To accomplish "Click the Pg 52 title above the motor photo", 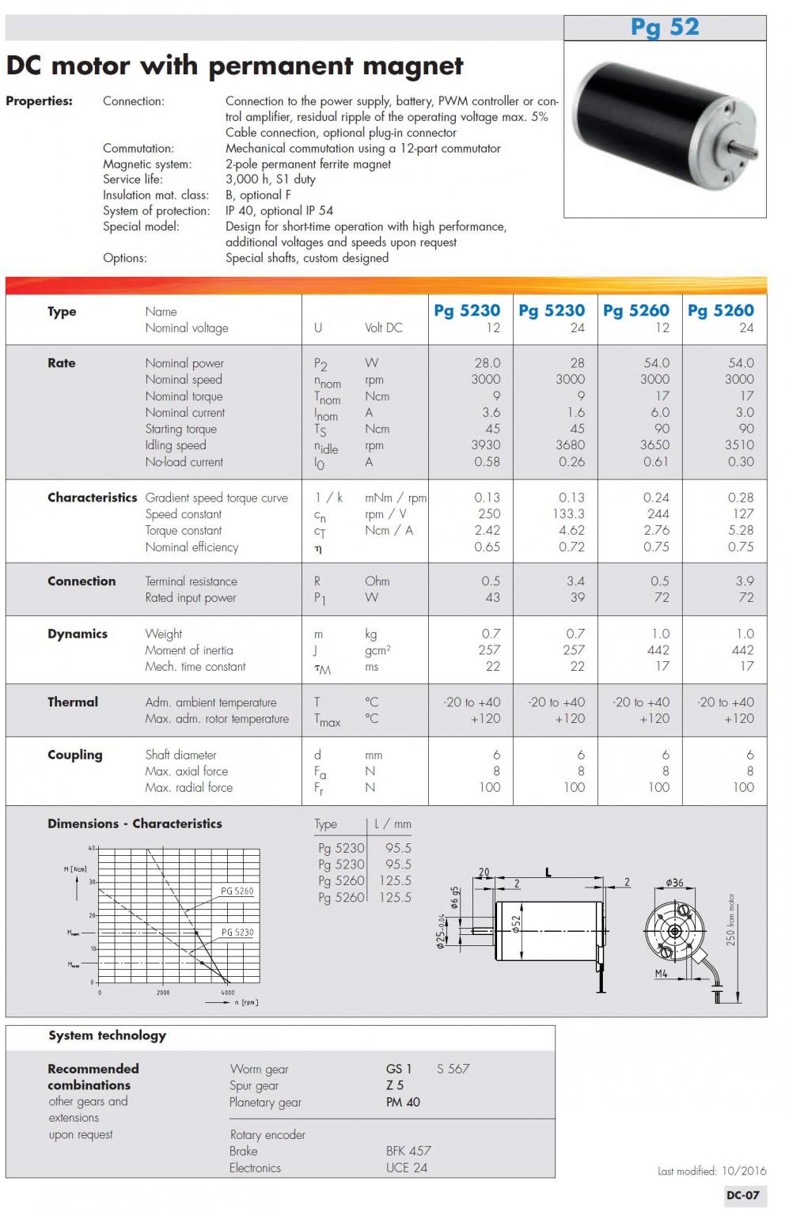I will [x=665, y=27].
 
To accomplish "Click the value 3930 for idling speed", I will [x=486, y=445].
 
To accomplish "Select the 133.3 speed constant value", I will [x=570, y=514].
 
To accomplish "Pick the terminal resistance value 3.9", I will [x=744, y=581].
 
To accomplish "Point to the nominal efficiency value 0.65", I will [x=487, y=547].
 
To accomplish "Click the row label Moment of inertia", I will [x=189, y=650].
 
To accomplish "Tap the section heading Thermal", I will [x=73, y=702].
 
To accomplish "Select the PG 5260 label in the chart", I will [x=237, y=891].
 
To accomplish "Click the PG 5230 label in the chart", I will [x=237, y=933].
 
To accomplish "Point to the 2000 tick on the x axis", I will [x=162, y=993].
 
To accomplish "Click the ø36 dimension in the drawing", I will [x=674, y=883].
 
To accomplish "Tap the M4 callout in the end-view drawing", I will [x=662, y=974].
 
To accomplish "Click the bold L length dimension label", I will [x=548, y=873].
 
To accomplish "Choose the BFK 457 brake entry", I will [x=408, y=1151].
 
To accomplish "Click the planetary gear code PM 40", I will [x=403, y=1102].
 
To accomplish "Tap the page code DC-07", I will [x=742, y=1195].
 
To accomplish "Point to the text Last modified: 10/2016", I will [x=711, y=1171].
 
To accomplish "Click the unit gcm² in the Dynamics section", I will [x=377, y=650].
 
